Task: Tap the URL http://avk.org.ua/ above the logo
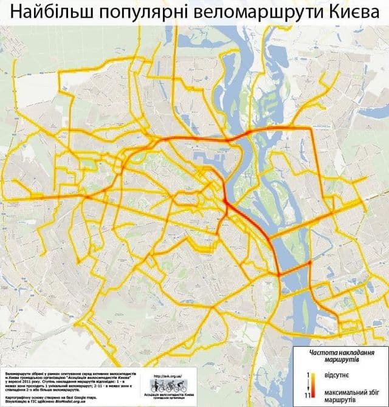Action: pyautogui.click(x=169, y=375)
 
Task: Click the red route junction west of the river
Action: pyautogui.click(x=225, y=207)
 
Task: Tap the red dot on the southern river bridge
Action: pyautogui.click(x=309, y=263)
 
